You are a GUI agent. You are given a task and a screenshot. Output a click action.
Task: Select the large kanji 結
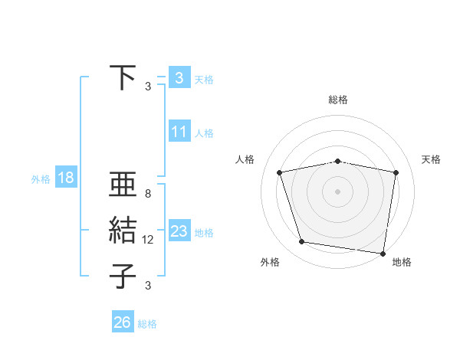(x=122, y=231)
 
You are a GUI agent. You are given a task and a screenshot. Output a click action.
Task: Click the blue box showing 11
(x=179, y=132)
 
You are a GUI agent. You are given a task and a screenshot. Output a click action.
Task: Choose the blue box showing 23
(x=179, y=231)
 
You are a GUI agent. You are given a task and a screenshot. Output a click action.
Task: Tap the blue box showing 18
(x=66, y=178)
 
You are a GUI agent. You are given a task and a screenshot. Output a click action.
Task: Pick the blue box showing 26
(x=123, y=322)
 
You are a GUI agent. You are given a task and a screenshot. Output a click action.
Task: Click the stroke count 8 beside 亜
(x=148, y=195)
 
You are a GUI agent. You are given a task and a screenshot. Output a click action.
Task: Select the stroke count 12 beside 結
(x=148, y=240)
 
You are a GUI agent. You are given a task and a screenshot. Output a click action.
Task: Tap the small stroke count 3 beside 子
(x=148, y=286)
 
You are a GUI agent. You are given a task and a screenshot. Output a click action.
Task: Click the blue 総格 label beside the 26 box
(x=147, y=324)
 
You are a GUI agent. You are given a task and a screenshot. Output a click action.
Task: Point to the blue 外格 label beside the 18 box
(x=41, y=179)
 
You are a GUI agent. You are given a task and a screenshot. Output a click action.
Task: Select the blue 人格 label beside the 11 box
(x=204, y=133)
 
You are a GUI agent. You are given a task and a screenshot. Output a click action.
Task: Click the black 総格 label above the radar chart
(x=338, y=100)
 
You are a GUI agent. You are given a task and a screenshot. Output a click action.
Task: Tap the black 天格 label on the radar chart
(x=432, y=159)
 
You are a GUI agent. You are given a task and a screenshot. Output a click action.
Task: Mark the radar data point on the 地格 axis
(x=383, y=253)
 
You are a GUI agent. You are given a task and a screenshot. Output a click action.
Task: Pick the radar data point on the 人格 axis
(x=280, y=172)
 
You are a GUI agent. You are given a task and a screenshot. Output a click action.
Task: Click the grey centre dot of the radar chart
(x=338, y=191)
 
